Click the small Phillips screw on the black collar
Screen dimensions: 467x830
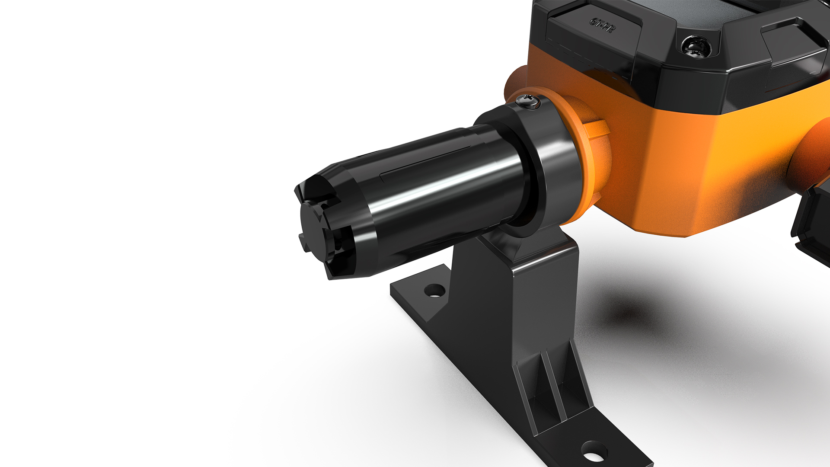click(x=529, y=101)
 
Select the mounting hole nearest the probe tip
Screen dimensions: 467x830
click(x=434, y=290)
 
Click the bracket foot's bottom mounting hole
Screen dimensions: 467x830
click(x=594, y=453)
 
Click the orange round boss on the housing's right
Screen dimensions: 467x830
click(x=813, y=156)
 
